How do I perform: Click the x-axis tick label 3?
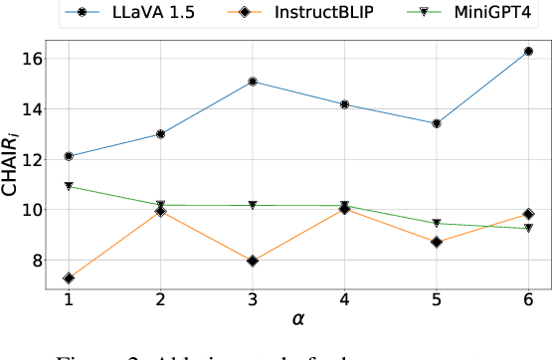pyautogui.click(x=253, y=299)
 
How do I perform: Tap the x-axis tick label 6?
pyautogui.click(x=528, y=299)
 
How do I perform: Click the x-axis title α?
pyautogui.click(x=298, y=321)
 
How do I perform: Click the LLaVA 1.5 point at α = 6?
pyautogui.click(x=528, y=51)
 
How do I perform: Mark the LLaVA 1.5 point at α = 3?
pyautogui.click(x=253, y=82)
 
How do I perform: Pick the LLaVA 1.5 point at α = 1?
pyautogui.click(x=69, y=156)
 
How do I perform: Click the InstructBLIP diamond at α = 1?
pyautogui.click(x=69, y=278)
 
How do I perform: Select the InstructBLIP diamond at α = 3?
pyautogui.click(x=253, y=261)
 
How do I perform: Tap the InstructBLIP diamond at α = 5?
pyautogui.click(x=437, y=242)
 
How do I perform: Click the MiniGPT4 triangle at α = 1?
pyautogui.click(x=69, y=186)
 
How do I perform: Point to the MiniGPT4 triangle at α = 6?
pyautogui.click(x=528, y=229)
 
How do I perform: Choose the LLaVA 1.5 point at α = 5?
pyautogui.click(x=437, y=123)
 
